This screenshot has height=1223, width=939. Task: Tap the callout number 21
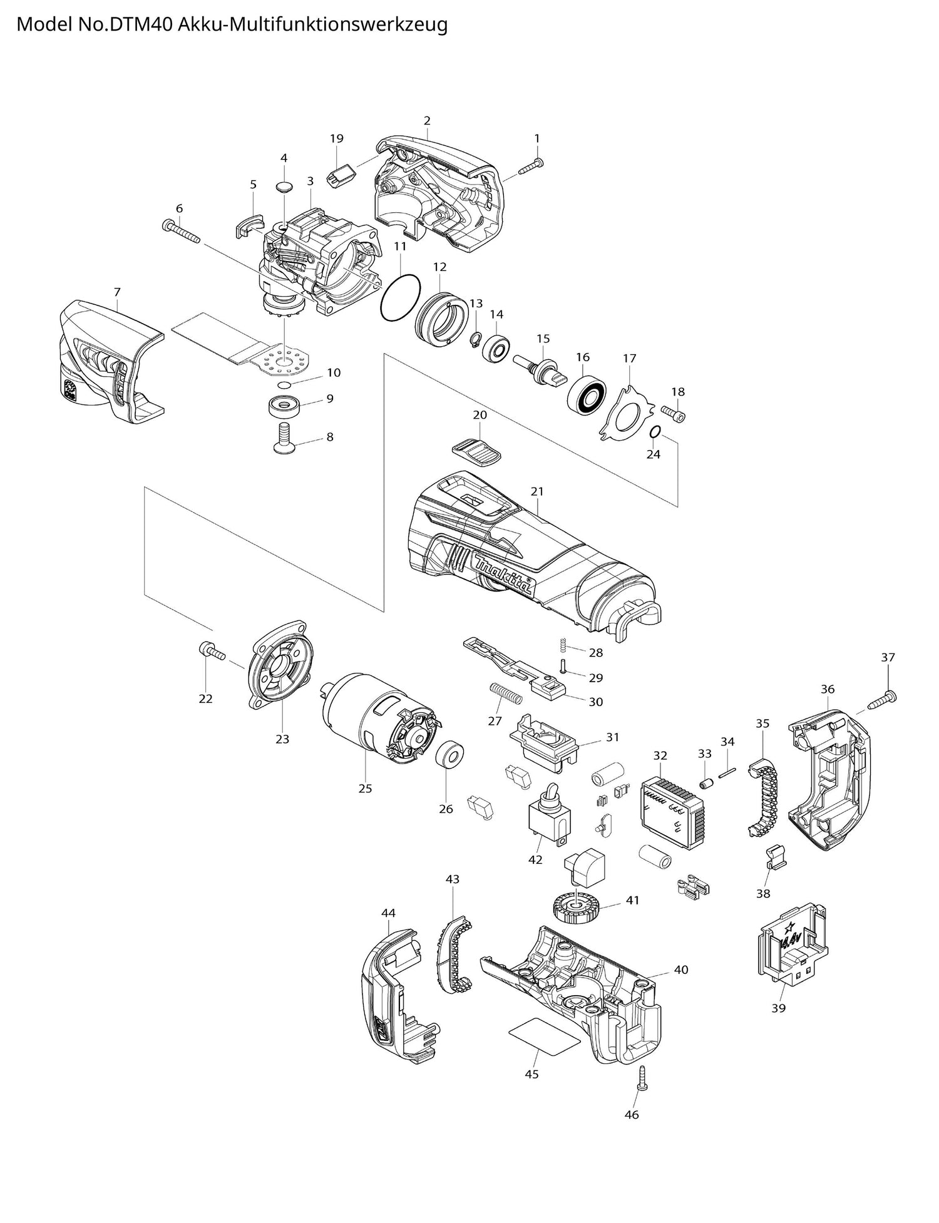point(537,491)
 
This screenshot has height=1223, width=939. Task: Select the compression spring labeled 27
point(505,693)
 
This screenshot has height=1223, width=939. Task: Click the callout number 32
point(660,755)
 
